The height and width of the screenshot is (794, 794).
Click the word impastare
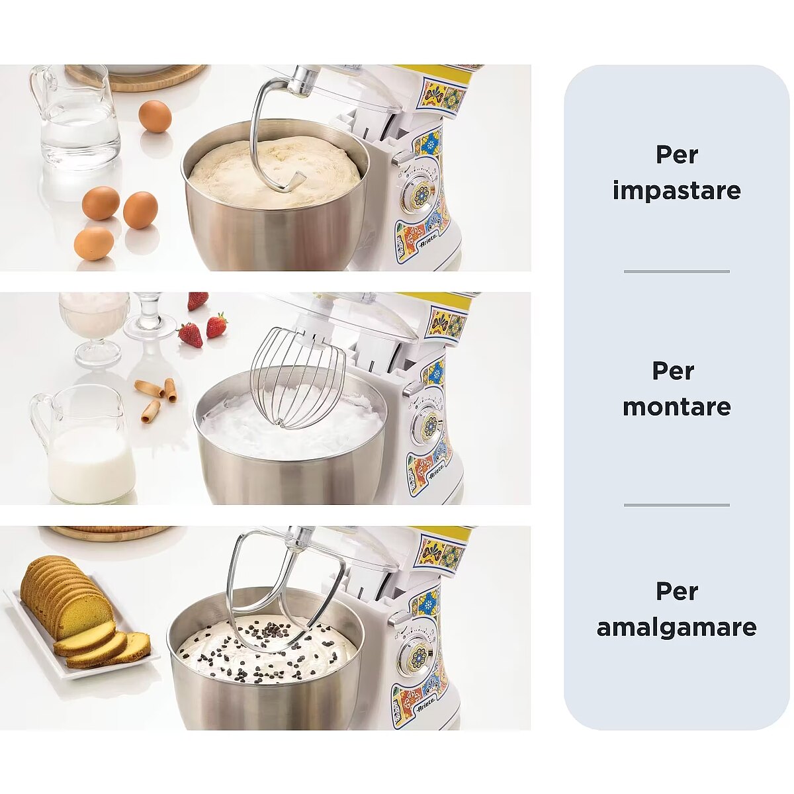coord(677,191)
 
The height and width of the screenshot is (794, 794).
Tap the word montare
coord(677,407)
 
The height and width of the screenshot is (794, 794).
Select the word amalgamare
coord(677,627)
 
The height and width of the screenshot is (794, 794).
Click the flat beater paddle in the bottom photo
coord(285,594)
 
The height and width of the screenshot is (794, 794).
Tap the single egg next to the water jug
coord(155,116)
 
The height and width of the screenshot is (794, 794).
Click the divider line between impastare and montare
coord(677,271)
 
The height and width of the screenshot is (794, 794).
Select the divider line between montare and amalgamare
coord(677,505)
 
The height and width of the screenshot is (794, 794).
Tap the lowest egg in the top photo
coord(94,243)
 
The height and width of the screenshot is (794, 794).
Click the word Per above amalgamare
coord(677,592)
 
